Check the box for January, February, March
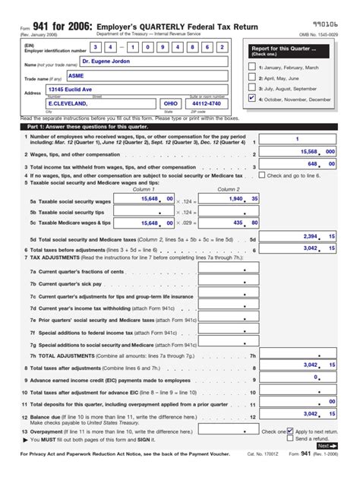(x=252, y=67)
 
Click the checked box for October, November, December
(x=252, y=98)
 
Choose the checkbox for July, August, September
(x=252, y=87)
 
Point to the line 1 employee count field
(x=296, y=139)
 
